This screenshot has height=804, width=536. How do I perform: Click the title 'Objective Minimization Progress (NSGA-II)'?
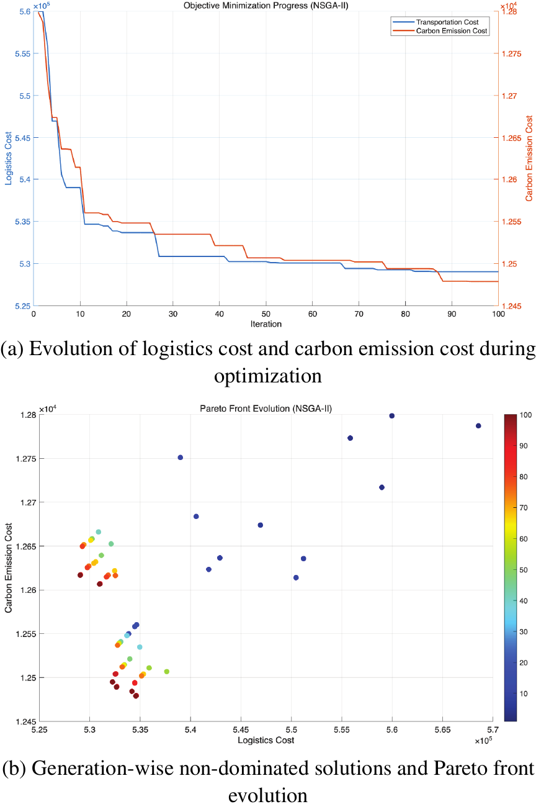[x=266, y=6]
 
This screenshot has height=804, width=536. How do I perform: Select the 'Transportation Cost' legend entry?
[x=441, y=22]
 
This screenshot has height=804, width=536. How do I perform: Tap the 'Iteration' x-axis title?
[x=266, y=324]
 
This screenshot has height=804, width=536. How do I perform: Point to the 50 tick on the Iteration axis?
[x=266, y=314]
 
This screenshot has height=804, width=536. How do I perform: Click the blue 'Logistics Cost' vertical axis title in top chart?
[x=9, y=158]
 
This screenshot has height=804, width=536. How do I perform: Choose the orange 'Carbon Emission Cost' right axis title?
[x=529, y=158]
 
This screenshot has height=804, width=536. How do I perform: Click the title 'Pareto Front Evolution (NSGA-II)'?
[x=266, y=408]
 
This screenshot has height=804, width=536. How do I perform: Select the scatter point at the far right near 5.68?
[x=478, y=426]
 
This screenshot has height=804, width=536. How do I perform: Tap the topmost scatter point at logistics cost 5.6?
[x=391, y=416]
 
